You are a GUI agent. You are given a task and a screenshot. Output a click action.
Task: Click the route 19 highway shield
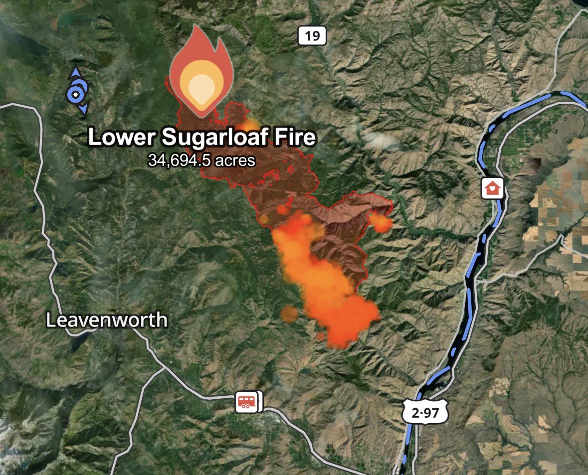(312, 36)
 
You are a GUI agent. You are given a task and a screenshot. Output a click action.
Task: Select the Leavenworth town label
(107, 320)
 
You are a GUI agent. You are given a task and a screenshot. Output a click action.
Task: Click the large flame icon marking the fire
(199, 72)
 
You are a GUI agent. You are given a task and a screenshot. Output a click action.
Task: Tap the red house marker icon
(492, 189)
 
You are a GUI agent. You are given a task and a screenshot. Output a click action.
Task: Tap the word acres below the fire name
(235, 160)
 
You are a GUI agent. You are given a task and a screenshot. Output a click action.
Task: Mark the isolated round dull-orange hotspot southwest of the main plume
(289, 314)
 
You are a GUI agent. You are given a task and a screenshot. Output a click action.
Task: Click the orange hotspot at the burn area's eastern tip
(382, 223)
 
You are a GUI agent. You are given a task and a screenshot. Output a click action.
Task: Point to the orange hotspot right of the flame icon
(248, 125)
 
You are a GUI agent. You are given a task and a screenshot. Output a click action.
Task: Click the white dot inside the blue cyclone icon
(75, 94)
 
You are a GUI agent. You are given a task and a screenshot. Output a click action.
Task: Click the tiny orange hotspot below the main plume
(321, 337)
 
